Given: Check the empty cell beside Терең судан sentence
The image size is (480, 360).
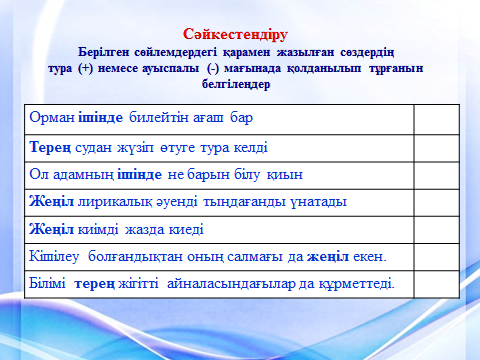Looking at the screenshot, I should coord(435,147).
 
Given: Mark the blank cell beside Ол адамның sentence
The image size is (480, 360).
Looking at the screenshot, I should coord(435,174).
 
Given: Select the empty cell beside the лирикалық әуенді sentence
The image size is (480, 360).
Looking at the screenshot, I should coord(435,201).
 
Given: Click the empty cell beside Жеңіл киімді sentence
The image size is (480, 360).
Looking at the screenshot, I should coord(435,229).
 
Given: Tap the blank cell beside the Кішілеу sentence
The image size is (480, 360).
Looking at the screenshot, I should coord(435,256).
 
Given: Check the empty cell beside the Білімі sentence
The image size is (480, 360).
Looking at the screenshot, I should coord(435,283).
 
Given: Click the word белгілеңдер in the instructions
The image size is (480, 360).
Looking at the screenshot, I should coord(240,85).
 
